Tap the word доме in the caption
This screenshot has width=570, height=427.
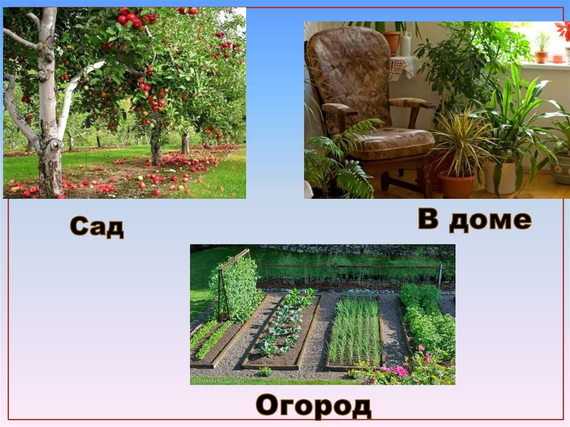tap(490, 221)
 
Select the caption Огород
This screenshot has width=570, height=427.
tap(313, 405)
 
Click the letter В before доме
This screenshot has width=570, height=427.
tap(429, 219)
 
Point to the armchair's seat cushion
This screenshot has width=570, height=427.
tap(390, 143)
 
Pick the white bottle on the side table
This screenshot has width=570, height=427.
tap(406, 45)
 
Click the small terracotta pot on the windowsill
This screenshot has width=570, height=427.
tap(541, 56)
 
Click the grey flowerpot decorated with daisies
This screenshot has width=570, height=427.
tap(561, 173)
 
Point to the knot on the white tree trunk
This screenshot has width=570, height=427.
tap(55, 145)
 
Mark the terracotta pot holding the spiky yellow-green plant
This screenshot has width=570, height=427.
tap(456, 184)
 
